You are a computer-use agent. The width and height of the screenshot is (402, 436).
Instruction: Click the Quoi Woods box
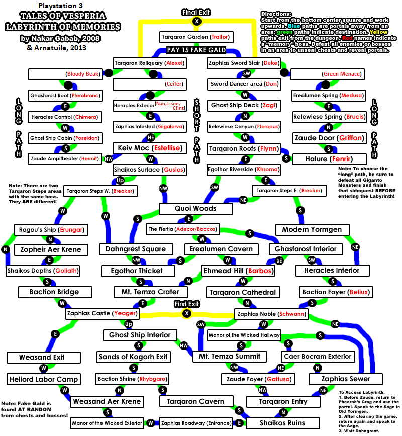pos(196,208)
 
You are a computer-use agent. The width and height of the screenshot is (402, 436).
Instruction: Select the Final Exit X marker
pos(197,21)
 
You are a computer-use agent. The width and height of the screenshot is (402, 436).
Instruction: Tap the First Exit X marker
pos(187,313)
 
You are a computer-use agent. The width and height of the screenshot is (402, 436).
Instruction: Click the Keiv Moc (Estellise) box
pos(150,148)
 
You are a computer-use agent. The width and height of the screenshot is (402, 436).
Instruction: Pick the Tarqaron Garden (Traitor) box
pos(196,37)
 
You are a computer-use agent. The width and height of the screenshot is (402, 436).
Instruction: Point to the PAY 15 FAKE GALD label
pos(196,50)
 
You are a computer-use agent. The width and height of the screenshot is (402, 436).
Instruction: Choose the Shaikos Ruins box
pos(283,423)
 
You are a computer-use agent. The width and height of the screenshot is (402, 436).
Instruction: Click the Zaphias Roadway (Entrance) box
pos(196,423)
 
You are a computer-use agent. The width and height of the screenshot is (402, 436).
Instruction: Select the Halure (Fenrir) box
pos(330,159)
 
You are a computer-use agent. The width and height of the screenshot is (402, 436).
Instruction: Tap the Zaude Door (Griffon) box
pos(329,138)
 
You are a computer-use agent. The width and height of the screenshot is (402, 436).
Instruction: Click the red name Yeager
pos(125,313)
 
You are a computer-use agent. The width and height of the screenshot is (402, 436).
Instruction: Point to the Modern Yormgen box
pos(312,229)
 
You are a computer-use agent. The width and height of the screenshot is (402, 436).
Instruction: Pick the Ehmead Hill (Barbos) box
pos(238,271)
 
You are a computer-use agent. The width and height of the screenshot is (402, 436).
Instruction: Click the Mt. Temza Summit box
pos(230,356)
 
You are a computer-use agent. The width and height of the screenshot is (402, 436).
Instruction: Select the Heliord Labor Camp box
pos(44,379)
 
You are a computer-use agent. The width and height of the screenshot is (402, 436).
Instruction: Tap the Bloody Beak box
pos(65,74)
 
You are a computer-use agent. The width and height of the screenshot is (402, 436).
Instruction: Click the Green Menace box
pos(328,74)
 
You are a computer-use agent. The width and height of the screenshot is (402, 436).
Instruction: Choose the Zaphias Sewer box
pos(346,379)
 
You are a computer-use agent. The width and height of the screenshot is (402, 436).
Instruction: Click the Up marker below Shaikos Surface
pos(120,180)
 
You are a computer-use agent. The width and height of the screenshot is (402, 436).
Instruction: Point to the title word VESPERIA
pos(83,16)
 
